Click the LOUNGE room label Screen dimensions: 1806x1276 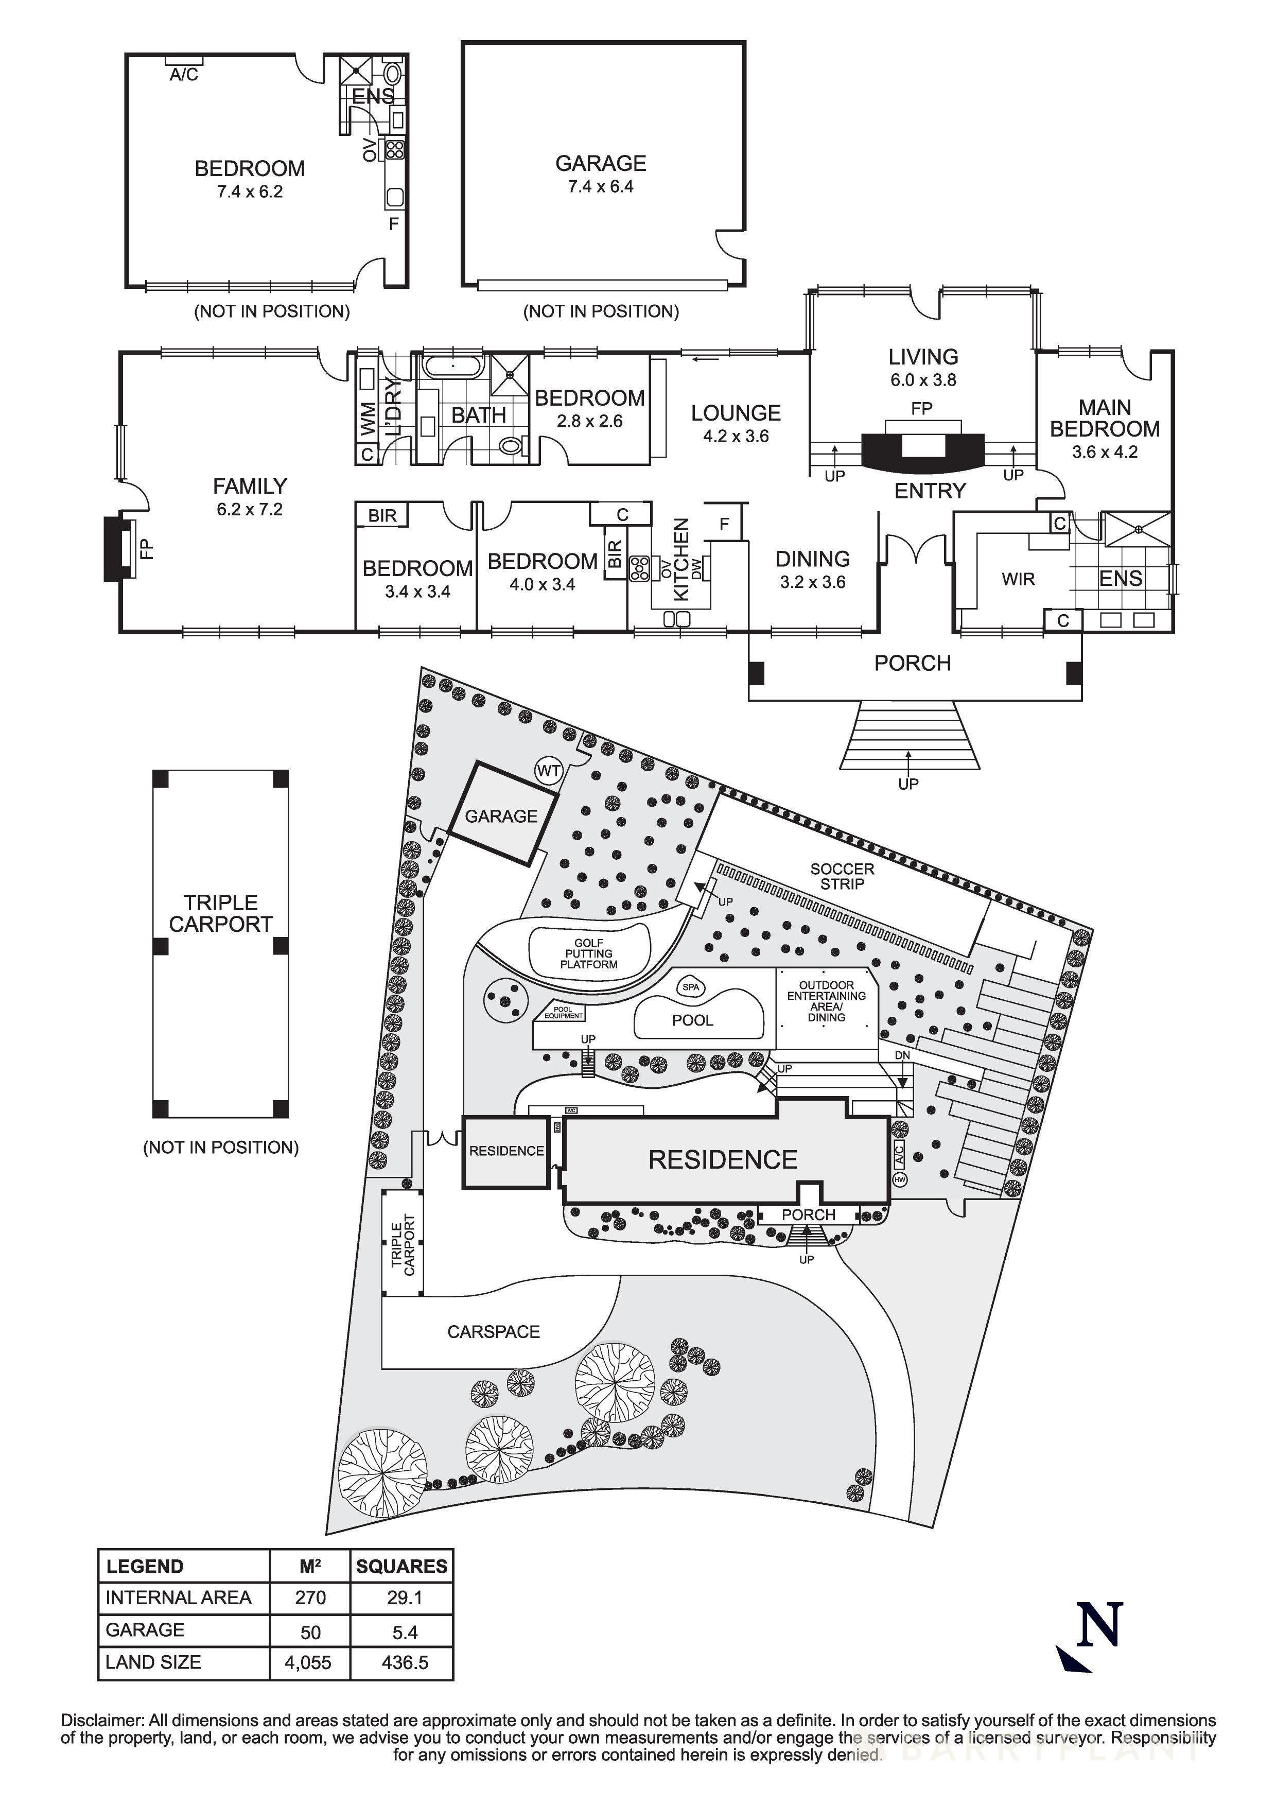736,413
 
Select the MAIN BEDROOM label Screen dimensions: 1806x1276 1105,419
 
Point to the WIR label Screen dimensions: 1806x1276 1018,580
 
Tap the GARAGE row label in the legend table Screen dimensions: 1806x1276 146,1630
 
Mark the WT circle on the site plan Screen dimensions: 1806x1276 548,771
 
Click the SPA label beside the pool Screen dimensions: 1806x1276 690,987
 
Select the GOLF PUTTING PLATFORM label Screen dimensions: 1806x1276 589,953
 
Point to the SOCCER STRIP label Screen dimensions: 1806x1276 842,876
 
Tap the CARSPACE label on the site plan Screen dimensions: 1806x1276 494,1332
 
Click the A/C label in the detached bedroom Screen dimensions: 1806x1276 184,75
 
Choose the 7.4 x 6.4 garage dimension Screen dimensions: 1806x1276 601,186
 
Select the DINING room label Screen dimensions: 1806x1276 813,559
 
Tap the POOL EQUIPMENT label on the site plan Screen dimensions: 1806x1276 564,1012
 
